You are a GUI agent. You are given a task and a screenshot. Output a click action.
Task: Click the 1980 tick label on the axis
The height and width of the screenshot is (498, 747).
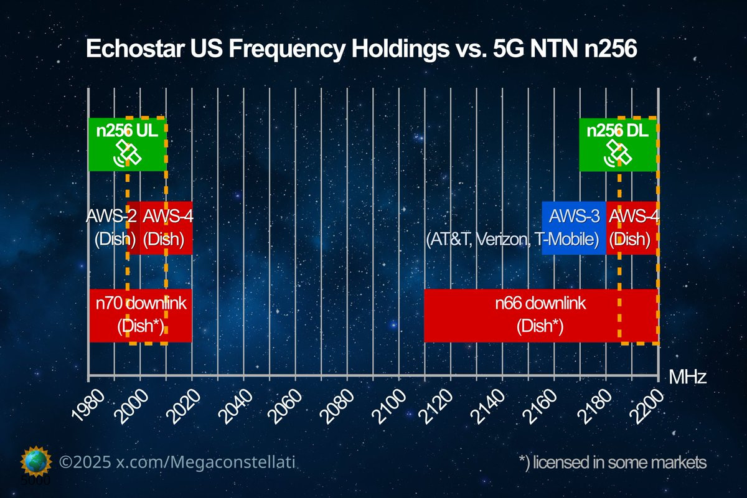[x=88, y=405]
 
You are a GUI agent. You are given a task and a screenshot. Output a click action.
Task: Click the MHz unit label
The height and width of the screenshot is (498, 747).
[x=688, y=377]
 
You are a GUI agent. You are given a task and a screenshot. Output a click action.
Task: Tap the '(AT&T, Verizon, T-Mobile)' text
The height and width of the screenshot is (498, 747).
[x=512, y=240]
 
